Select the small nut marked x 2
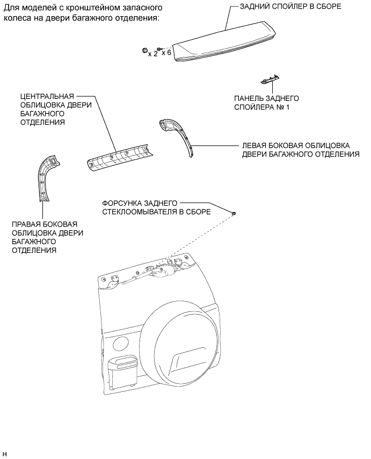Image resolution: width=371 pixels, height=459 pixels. [145, 50]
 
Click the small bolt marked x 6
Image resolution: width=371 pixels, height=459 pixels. [159, 50]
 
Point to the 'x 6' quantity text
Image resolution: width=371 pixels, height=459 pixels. [166, 53]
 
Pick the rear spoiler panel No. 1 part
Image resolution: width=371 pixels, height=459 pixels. [269, 79]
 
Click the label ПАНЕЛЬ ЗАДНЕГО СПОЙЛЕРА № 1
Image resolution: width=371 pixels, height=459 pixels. [266, 103]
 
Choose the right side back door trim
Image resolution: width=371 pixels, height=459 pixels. [46, 177]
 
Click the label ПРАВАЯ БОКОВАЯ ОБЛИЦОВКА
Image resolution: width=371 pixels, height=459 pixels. [47, 237]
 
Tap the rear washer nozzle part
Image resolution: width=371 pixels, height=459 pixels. [234, 214]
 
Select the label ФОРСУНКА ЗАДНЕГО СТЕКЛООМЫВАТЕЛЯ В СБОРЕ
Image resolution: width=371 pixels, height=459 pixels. [156, 208]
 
